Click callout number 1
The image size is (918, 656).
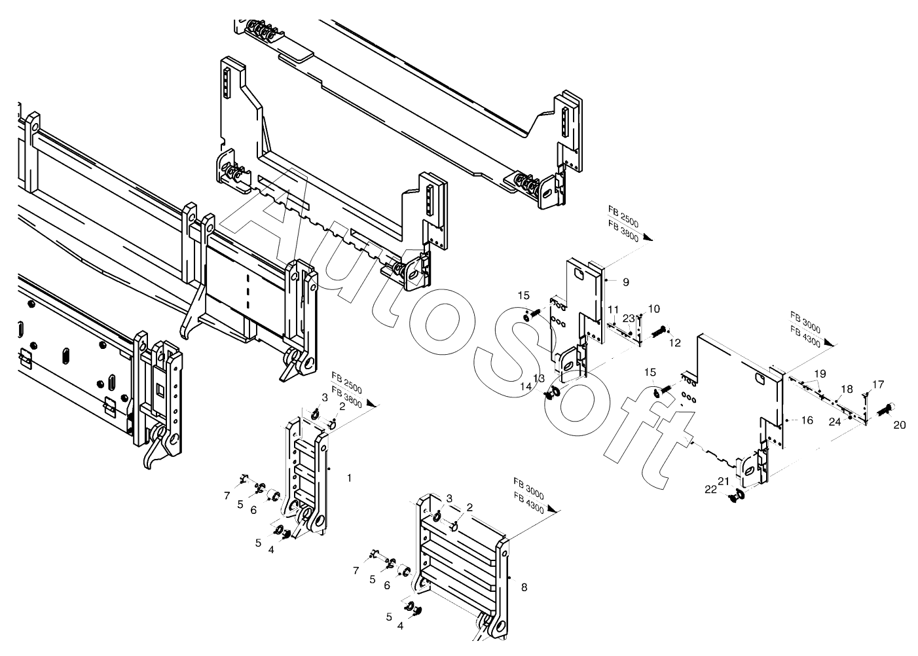349,479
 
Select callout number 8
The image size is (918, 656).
524,587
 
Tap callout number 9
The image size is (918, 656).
626,282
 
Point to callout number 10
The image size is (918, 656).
654,308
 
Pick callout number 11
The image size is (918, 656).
613,309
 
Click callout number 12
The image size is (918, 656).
675,342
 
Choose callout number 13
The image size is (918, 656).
539,378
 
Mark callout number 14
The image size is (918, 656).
526,386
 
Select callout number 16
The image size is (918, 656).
807,420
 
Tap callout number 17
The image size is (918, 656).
878,384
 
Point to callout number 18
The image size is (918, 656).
847,389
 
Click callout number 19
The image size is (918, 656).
820,374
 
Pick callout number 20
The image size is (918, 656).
900,425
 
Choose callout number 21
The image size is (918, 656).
724,481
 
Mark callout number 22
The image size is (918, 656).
711,489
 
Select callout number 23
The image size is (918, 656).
629,318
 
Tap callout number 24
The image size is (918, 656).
835,422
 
